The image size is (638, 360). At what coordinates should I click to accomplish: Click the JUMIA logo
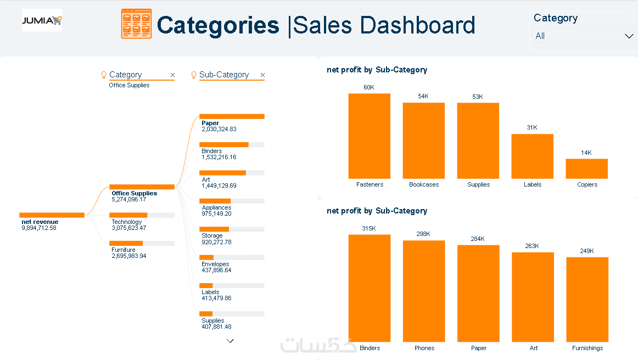[42, 20]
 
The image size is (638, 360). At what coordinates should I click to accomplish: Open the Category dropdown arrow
[629, 36]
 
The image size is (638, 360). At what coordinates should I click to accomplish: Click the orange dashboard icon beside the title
[136, 24]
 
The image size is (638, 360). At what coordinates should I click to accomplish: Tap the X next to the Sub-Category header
[262, 75]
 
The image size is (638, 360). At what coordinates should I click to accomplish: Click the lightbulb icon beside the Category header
[104, 75]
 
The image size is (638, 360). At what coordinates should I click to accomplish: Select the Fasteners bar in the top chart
[369, 136]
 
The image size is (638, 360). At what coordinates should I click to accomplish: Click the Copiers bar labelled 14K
[586, 168]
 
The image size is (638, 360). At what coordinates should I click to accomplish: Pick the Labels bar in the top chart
[532, 156]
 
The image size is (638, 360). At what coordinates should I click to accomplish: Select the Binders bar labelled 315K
[370, 288]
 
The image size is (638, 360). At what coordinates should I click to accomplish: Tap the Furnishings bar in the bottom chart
[587, 300]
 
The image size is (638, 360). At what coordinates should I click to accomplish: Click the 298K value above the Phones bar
[423, 234]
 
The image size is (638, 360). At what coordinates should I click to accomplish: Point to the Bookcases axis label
[424, 185]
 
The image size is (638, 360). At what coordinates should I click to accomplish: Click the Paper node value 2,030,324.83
[219, 130]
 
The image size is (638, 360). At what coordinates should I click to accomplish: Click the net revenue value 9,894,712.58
[39, 228]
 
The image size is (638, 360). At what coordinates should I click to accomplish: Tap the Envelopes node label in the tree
[215, 264]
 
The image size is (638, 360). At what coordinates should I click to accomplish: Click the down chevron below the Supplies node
[230, 341]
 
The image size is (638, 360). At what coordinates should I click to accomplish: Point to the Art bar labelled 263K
[533, 297]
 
